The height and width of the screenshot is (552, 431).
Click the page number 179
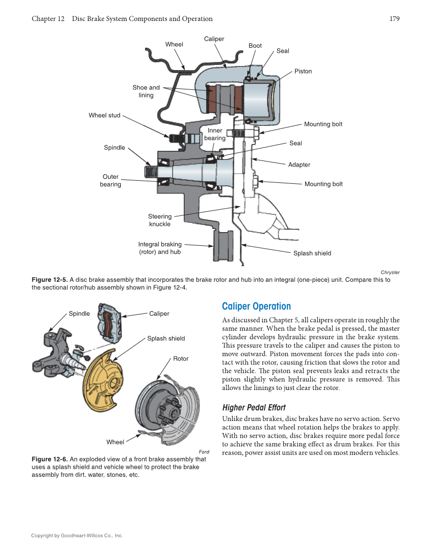coord(394,19)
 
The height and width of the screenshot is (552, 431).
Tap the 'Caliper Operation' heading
coord(256,306)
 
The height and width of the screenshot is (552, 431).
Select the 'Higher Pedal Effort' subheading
coord(254,407)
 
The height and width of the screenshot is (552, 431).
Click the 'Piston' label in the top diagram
coord(303,71)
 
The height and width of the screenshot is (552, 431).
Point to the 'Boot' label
coord(255,46)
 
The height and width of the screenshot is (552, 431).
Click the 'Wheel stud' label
coord(105,115)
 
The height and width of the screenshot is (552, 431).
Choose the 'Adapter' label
coord(299,165)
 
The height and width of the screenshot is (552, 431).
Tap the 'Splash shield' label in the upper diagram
coord(312,253)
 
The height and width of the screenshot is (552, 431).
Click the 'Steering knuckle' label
coord(160,220)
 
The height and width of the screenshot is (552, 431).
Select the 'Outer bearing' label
coord(110,181)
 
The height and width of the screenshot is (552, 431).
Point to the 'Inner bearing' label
coord(215,135)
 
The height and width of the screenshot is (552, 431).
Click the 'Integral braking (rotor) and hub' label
coord(160,248)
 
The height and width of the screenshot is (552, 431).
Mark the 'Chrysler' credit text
coord(390,272)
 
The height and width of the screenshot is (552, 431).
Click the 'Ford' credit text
coord(204,451)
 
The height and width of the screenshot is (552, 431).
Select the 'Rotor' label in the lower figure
coord(181,359)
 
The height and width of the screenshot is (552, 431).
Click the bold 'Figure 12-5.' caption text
coord(49,280)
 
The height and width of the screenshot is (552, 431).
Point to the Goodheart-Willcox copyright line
coord(77,535)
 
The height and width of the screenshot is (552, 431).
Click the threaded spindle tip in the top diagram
coord(150,172)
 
